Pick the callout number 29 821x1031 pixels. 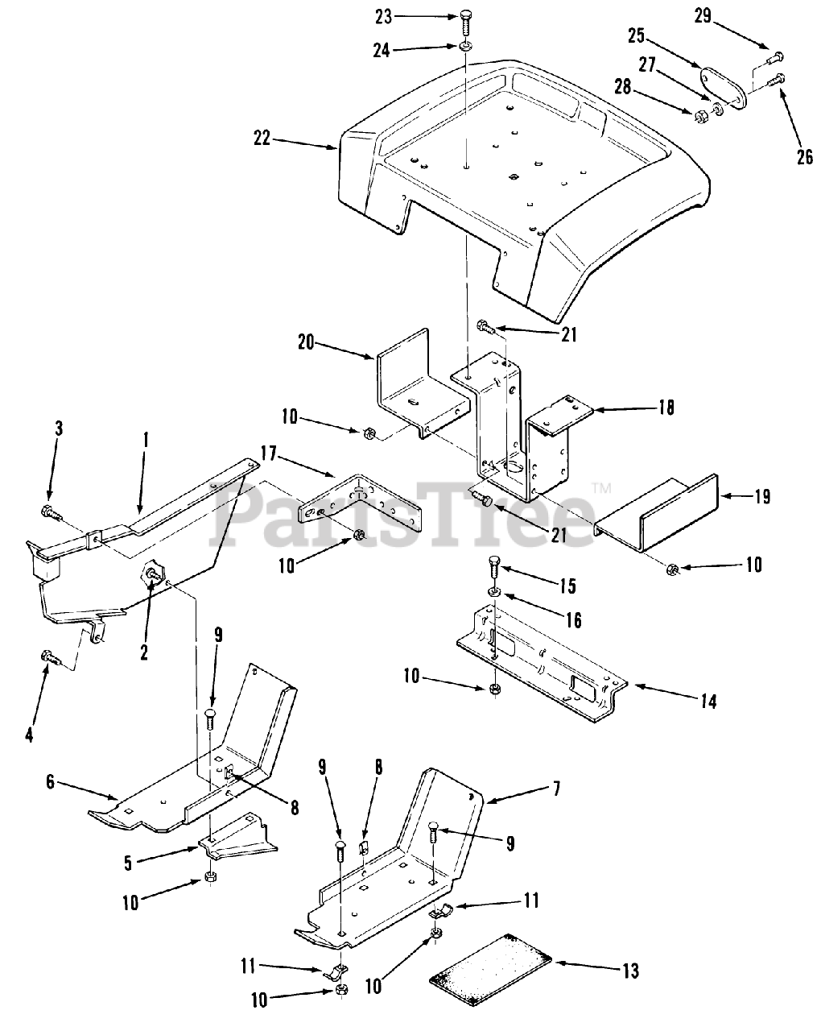pyautogui.click(x=703, y=15)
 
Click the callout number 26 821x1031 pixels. pyautogui.click(x=805, y=157)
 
